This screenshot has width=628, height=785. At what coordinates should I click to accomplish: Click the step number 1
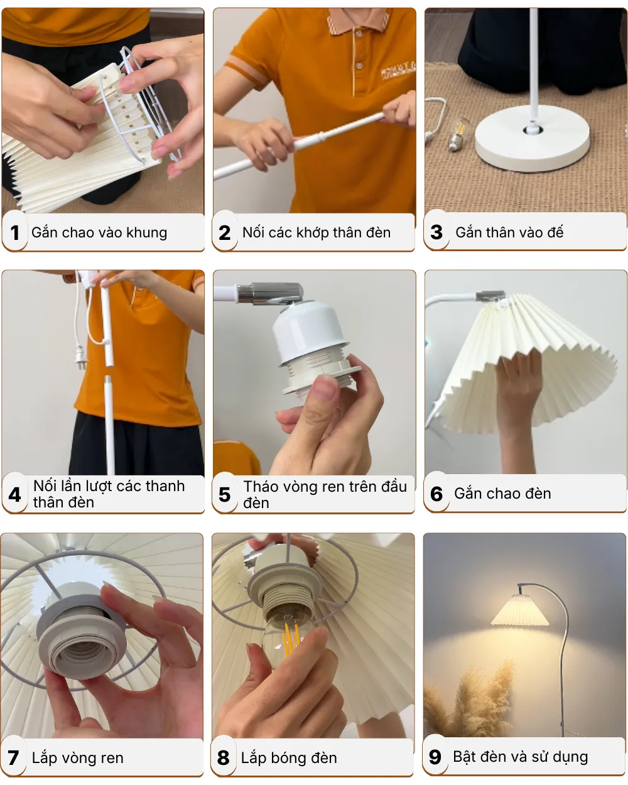(14, 233)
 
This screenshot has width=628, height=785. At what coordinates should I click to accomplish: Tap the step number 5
(225, 495)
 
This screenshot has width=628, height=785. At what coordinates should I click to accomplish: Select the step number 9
(435, 757)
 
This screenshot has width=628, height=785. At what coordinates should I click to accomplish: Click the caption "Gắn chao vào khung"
(99, 233)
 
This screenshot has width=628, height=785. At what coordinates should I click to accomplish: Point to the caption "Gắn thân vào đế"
(509, 232)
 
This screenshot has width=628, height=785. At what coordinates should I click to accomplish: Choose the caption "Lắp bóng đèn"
(289, 758)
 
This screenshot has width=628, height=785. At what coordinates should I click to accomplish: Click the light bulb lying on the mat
(459, 134)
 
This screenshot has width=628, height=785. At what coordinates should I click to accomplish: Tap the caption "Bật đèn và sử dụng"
(520, 757)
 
